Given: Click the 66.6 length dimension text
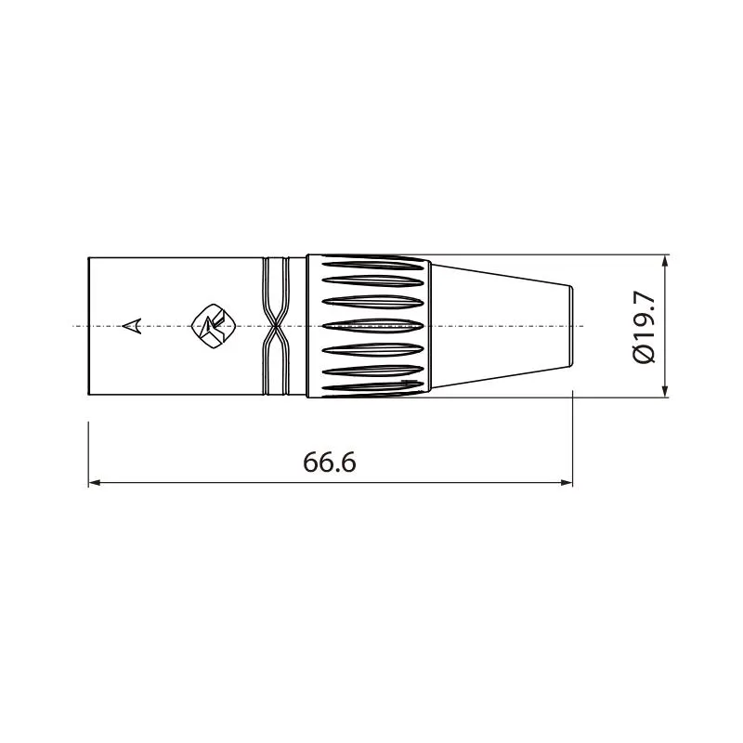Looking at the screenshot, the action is (x=330, y=462).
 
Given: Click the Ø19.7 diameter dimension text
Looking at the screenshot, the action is (x=644, y=327).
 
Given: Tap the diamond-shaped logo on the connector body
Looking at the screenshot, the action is (x=215, y=326).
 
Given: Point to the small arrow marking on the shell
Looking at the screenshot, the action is (x=132, y=326).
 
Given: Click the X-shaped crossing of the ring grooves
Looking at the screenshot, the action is (x=275, y=326).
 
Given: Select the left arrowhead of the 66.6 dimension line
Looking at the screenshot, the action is (x=95, y=483).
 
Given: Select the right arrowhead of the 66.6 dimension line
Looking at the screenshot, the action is (x=567, y=483).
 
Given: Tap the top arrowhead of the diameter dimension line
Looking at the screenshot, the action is (x=665, y=261).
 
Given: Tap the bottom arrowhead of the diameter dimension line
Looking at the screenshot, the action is (x=665, y=391).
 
